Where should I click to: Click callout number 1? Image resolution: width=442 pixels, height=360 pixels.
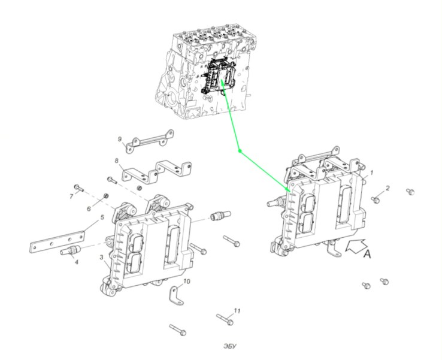point(371,173)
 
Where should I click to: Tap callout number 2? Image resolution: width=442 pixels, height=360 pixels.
point(387,188)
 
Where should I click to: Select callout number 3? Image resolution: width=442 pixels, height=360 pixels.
point(101,257)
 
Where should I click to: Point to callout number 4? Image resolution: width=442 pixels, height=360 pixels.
point(77,262)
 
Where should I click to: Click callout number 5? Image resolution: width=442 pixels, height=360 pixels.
point(102,217)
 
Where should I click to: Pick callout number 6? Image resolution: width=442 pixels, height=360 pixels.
point(89,208)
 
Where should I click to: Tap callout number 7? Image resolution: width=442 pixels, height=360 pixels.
point(72,196)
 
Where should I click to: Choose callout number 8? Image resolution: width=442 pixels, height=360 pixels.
point(117,161)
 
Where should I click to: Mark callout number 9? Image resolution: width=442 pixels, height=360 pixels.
point(120,139)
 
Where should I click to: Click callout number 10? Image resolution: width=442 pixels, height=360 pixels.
point(187,282)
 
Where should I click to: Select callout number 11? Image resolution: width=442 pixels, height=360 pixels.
point(237,311)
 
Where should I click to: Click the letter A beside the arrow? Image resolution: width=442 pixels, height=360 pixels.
point(367,255)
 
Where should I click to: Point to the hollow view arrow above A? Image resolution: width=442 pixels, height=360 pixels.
point(356,245)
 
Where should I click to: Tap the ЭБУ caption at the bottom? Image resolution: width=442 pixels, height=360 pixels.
point(230,346)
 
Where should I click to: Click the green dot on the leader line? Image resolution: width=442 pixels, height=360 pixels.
point(240,151)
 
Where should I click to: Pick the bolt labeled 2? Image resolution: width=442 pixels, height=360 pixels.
point(375,199)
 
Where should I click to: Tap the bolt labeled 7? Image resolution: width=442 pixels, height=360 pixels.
point(78,187)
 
